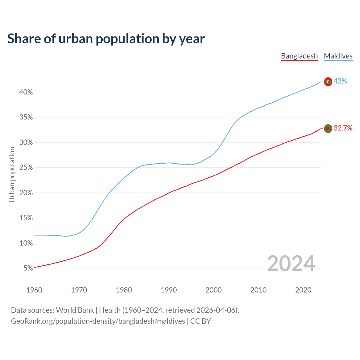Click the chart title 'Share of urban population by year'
pyautogui.click(x=106, y=39)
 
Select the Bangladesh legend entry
pyautogui.click(x=299, y=56)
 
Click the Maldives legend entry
pyautogui.click(x=338, y=56)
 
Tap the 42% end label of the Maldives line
pyautogui.click(x=340, y=81)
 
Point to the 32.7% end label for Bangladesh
pyautogui.click(x=343, y=128)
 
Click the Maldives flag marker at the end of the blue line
pyautogui.click(x=328, y=82)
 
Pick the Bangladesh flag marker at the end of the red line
pyautogui.click(x=328, y=129)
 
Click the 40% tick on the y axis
pyautogui.click(x=26, y=92)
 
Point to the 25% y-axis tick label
pyautogui.click(x=26, y=168)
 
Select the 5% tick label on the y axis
pyautogui.click(x=28, y=268)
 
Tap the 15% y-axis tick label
pyautogui.click(x=26, y=218)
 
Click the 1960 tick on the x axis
pyautogui.click(x=34, y=290)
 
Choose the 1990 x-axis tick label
pyautogui.click(x=169, y=290)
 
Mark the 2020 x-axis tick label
pyautogui.click(x=303, y=290)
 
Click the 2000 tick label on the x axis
pyautogui.click(x=213, y=290)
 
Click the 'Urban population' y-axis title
pyautogui.click(x=12, y=174)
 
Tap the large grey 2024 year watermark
pyautogui.click(x=291, y=264)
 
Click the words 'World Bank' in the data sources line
pyautogui.click(x=75, y=310)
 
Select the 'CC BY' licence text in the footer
pyautogui.click(x=201, y=321)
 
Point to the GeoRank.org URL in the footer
pyautogui.click(x=98, y=321)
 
